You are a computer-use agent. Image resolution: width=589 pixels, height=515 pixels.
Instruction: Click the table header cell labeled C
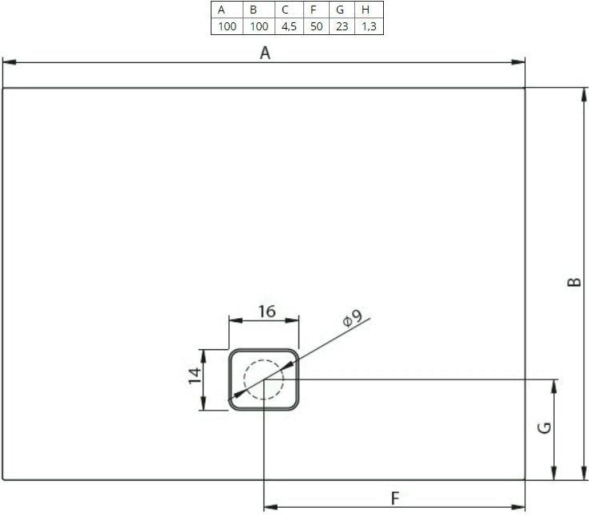coord(289,10)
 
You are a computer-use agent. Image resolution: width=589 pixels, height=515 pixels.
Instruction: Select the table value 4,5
coord(289,26)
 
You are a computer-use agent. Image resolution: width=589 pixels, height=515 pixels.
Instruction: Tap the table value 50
coord(316,26)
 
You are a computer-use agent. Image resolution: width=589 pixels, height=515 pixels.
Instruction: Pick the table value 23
coord(342,26)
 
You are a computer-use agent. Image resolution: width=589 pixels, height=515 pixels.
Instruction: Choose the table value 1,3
coord(369,26)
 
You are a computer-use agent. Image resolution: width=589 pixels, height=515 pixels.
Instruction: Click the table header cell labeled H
coord(369,10)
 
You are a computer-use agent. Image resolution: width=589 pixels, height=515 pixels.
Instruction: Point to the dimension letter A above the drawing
coord(265,53)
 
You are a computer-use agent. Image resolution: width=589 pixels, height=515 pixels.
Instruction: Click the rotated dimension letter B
coord(574,282)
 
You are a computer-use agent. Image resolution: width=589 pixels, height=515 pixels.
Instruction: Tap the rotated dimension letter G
coord(544,428)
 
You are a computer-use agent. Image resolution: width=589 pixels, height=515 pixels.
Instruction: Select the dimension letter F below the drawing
coord(395,498)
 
